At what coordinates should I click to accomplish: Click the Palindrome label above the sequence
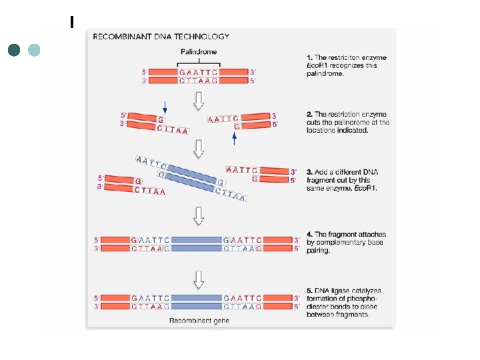click(199, 52)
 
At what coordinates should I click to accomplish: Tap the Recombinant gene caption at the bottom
click(199, 321)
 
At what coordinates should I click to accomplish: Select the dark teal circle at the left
click(15, 51)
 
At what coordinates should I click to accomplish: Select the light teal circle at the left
click(34, 51)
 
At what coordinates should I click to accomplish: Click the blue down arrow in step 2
click(165, 106)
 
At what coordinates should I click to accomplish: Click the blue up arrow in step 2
click(234, 139)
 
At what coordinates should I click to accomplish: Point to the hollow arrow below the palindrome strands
click(199, 99)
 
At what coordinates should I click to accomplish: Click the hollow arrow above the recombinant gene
click(199, 278)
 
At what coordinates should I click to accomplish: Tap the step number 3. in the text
click(310, 172)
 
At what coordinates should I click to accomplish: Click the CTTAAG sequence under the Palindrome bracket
click(199, 81)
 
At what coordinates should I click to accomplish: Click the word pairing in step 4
click(319, 252)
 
